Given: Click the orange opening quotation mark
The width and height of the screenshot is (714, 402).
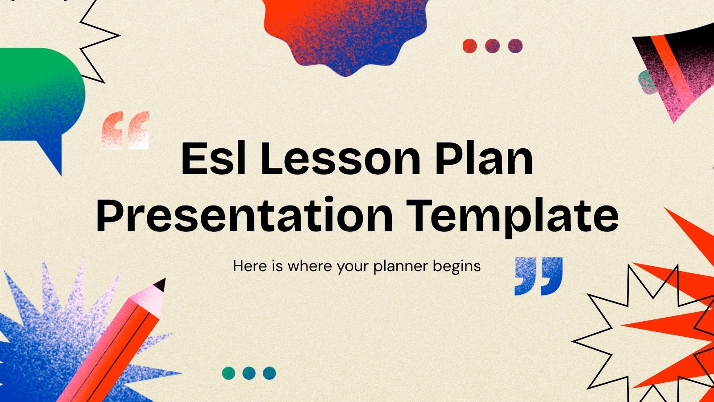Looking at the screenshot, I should (x=125, y=130).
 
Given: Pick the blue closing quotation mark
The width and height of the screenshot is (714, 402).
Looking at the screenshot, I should (x=539, y=276).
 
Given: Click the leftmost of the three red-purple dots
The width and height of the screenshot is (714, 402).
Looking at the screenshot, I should (x=470, y=46).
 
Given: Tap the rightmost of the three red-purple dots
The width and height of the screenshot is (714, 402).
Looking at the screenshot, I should (x=515, y=46).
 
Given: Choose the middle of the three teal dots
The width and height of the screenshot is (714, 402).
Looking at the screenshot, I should (x=249, y=373).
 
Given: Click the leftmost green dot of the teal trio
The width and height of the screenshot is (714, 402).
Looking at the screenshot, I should (x=229, y=373).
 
